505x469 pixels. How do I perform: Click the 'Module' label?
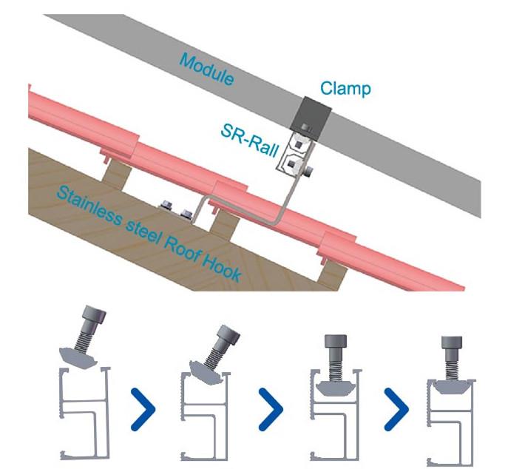point(208,70)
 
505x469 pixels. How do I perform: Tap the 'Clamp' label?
point(345,90)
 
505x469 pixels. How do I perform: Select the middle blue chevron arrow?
point(272,407)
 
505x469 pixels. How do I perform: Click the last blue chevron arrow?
point(399,407)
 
